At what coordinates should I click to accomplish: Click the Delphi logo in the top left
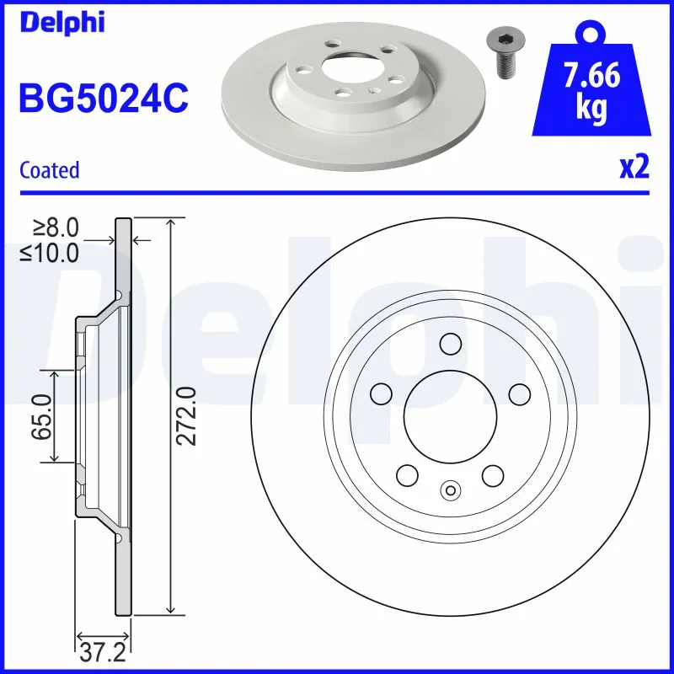point(62,22)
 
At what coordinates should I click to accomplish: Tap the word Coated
point(50,170)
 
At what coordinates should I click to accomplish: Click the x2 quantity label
point(634,168)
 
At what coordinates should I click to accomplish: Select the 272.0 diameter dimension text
point(187,415)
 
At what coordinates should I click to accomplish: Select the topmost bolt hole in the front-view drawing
point(451,344)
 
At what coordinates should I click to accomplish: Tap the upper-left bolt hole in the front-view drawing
point(382,393)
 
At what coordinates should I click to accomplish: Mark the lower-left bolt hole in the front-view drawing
point(408,474)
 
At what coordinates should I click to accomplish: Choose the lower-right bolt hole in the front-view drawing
point(493,474)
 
